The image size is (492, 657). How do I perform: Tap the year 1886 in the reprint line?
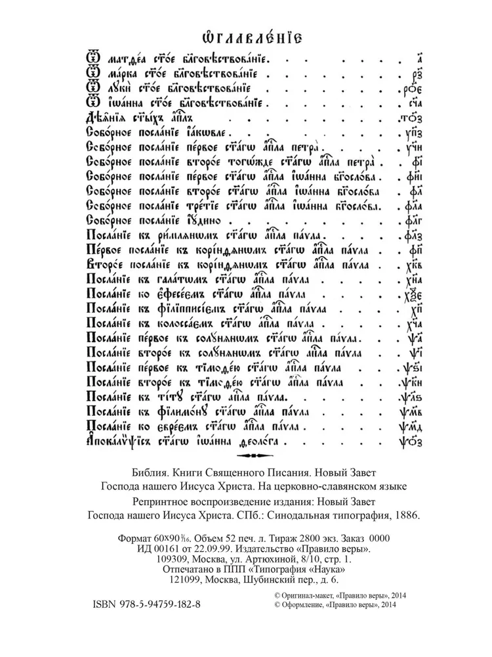[405, 514]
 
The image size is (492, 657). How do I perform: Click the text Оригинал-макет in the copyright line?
[303, 593]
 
